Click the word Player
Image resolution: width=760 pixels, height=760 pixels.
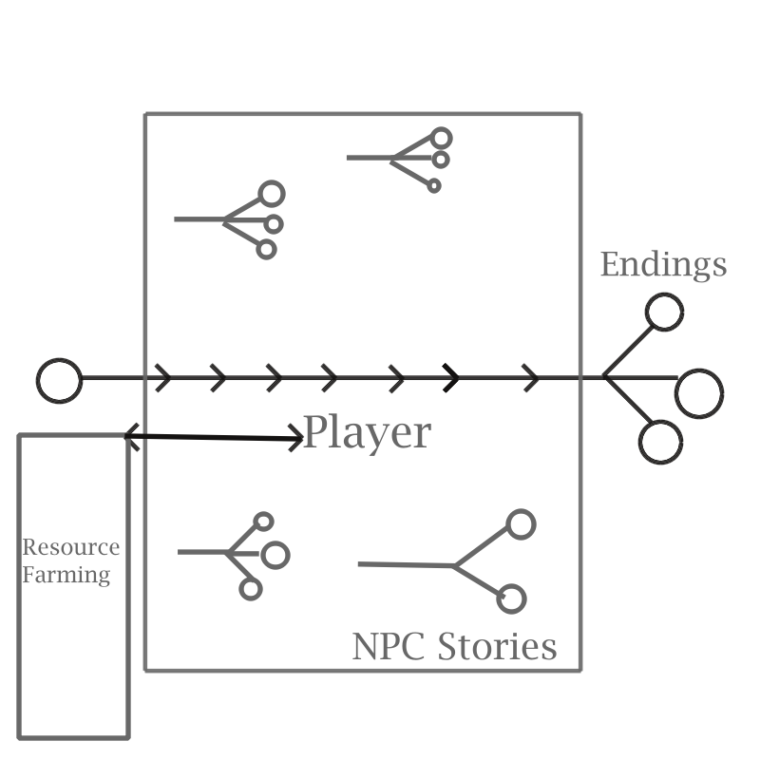pyautogui.click(x=367, y=433)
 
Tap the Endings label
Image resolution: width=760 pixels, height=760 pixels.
pyautogui.click(x=663, y=264)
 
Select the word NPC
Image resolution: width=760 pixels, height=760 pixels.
pyautogui.click(x=390, y=647)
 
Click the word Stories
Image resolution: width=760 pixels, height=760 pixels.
pyautogui.click(x=497, y=647)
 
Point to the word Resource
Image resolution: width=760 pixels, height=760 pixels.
pyautogui.click(x=71, y=548)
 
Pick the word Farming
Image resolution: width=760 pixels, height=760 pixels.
pyautogui.click(x=66, y=575)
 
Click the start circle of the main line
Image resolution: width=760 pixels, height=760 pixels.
pyautogui.click(x=59, y=380)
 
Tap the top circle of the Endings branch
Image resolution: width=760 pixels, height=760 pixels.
pyautogui.click(x=664, y=312)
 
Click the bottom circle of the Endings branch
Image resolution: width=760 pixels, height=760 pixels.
pyautogui.click(x=660, y=442)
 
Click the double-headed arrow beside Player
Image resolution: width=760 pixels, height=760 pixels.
pyautogui.click(x=214, y=437)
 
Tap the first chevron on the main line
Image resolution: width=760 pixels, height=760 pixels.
pyautogui.click(x=163, y=379)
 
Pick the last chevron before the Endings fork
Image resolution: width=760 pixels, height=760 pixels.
pyautogui.click(x=532, y=379)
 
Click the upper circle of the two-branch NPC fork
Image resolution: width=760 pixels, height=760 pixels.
pyautogui.click(x=521, y=523)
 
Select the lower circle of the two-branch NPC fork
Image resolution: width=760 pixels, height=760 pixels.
pyautogui.click(x=511, y=598)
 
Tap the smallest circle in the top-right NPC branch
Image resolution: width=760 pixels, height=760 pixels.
pyautogui.click(x=434, y=186)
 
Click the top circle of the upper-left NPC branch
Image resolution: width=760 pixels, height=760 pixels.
pyautogui.click(x=272, y=194)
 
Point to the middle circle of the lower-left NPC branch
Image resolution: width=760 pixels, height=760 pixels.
pyautogui.click(x=275, y=555)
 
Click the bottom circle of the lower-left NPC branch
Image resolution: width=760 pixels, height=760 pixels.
pyautogui.click(x=251, y=589)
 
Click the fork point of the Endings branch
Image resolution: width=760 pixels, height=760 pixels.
pyautogui.click(x=604, y=379)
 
